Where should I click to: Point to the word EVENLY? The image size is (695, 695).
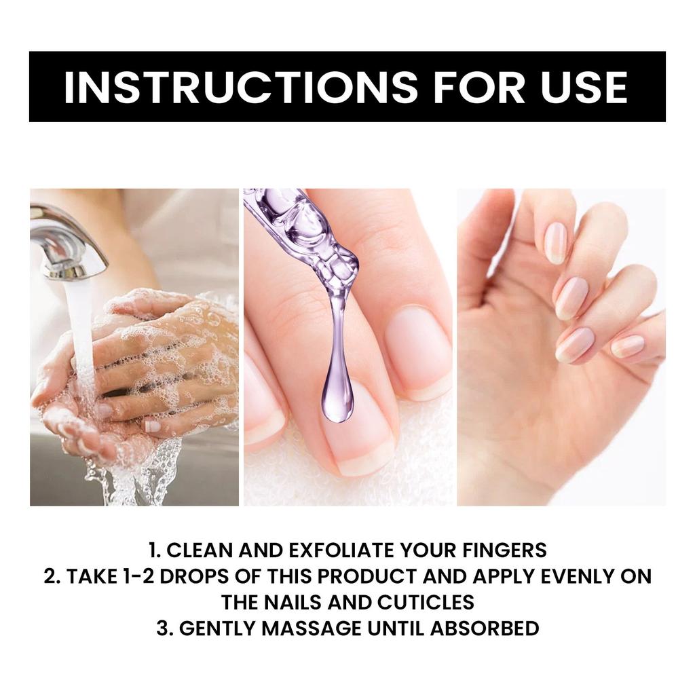pos(568,576)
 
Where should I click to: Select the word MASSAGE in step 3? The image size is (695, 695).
pos(311,628)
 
